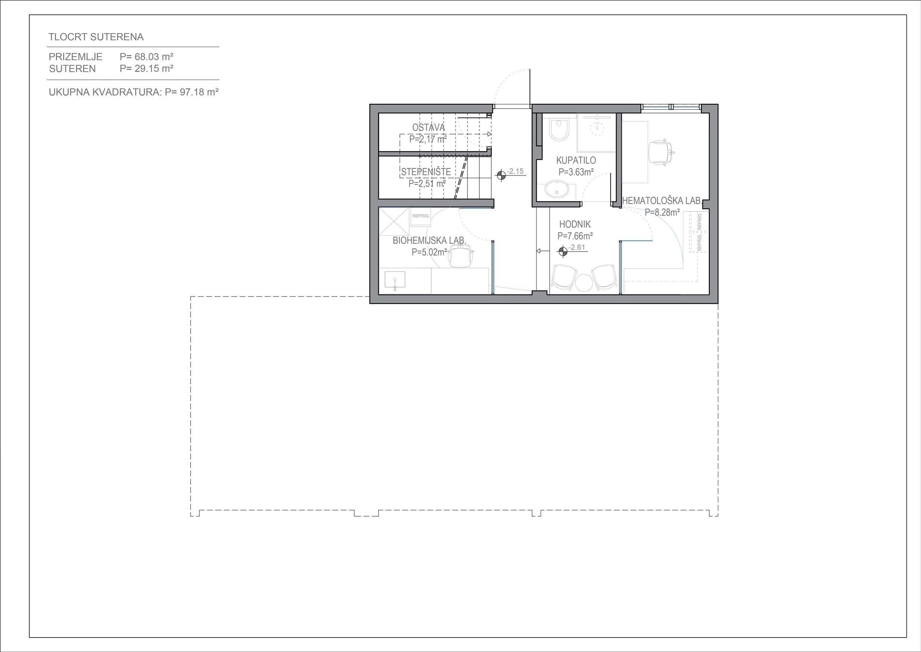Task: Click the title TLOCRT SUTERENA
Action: point(96,37)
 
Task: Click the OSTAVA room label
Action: point(429,127)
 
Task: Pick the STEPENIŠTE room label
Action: point(426,172)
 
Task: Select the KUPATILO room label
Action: point(576,160)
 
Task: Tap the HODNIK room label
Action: point(575,225)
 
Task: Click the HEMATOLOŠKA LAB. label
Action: point(661,201)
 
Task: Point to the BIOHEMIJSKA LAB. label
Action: point(429,241)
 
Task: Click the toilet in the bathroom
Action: point(559,129)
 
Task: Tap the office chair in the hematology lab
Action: point(660,152)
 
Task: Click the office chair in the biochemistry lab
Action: point(460,257)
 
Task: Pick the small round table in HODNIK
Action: point(584,282)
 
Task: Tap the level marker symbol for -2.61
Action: point(563,251)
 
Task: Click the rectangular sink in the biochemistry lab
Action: point(515,280)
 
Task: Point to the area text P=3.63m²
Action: point(576,172)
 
